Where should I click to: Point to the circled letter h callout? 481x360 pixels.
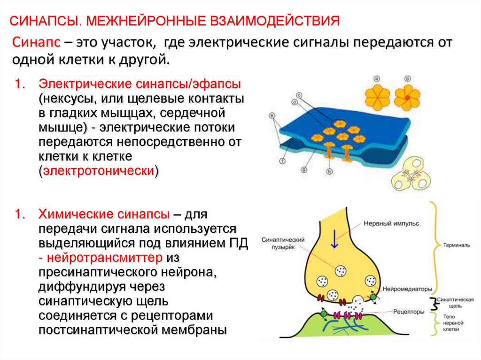330,172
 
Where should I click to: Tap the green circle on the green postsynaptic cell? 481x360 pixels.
323,313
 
